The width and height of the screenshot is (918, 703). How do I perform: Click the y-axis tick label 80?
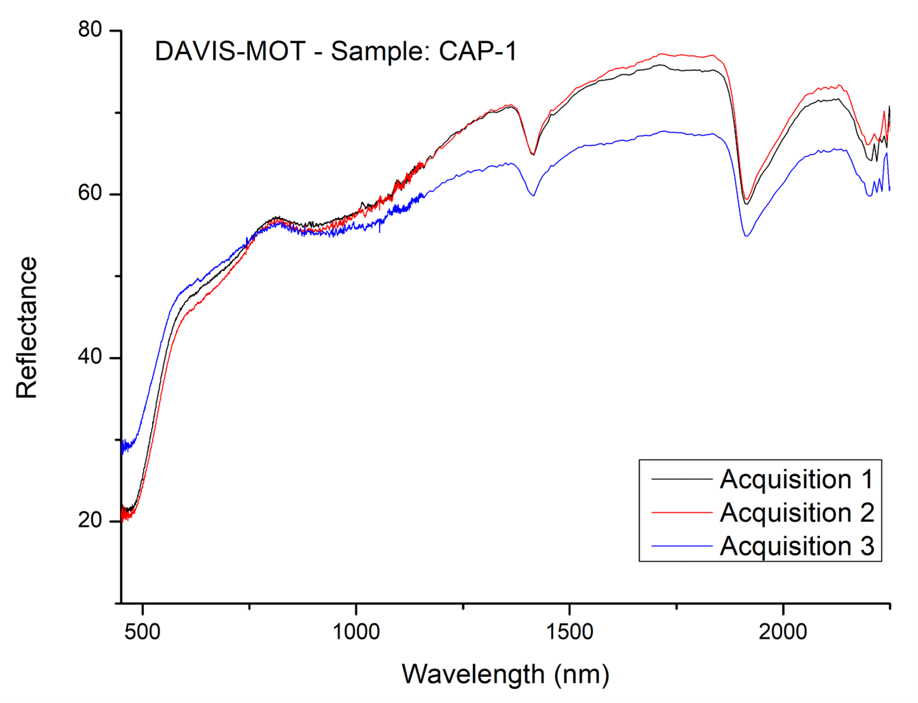coord(90,30)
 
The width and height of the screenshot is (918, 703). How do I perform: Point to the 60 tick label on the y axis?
coord(90,193)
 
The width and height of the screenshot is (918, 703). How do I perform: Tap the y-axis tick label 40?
coord(90,357)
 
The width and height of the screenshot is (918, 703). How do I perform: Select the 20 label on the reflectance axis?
coord(90,520)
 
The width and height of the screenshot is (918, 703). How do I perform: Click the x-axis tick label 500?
coord(143,631)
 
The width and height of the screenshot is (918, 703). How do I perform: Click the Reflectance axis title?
coord(27,327)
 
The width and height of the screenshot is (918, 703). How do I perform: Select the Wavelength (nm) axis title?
coord(505,674)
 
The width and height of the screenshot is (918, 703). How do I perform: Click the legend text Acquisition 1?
coord(797,479)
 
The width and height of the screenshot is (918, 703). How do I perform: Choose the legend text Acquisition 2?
coord(797,512)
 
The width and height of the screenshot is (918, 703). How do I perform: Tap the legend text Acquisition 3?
coord(797,546)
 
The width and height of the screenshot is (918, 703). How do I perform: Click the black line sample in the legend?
coord(681,479)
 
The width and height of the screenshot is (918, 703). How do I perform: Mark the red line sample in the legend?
coord(681,512)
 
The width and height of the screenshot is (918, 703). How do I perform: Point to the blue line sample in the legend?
coord(681,546)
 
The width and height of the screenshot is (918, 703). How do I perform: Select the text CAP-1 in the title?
coord(478,51)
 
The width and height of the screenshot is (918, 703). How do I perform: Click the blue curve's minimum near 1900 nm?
coord(747,236)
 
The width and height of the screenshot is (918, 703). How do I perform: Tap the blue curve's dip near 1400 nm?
coord(533,195)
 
